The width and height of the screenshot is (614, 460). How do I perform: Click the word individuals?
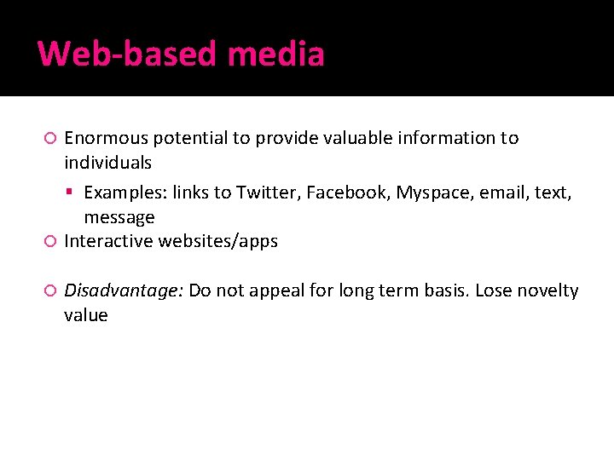(107, 163)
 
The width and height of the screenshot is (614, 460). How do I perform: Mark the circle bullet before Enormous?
(50, 138)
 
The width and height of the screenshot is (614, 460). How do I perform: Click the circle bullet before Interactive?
(50, 242)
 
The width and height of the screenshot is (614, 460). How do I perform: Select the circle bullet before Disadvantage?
(50, 291)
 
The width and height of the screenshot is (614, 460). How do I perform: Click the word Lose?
(492, 291)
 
